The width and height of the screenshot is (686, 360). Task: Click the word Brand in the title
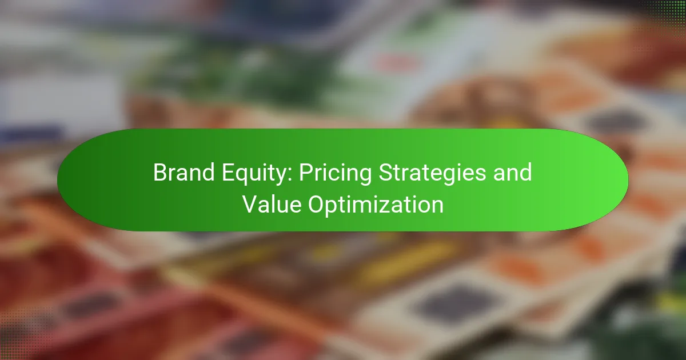pyautogui.click(x=184, y=173)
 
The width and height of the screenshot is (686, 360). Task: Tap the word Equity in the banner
pyautogui.click(x=254, y=174)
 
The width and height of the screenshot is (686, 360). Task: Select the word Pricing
pyautogui.click(x=335, y=174)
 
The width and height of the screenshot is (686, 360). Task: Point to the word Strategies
pyautogui.click(x=432, y=174)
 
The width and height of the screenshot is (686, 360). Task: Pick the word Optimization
pyautogui.click(x=376, y=206)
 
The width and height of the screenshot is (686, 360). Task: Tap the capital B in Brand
pyautogui.click(x=160, y=173)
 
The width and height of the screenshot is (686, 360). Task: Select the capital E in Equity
pyautogui.click(x=228, y=173)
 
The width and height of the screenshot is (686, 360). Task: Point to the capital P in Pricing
pyautogui.click(x=306, y=173)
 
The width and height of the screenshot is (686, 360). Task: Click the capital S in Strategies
pyautogui.click(x=386, y=173)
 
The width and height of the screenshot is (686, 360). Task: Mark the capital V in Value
pyautogui.click(x=250, y=205)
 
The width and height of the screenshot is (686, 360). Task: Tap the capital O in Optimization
pyautogui.click(x=317, y=205)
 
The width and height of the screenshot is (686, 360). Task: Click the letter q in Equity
pyautogui.click(x=242, y=177)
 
